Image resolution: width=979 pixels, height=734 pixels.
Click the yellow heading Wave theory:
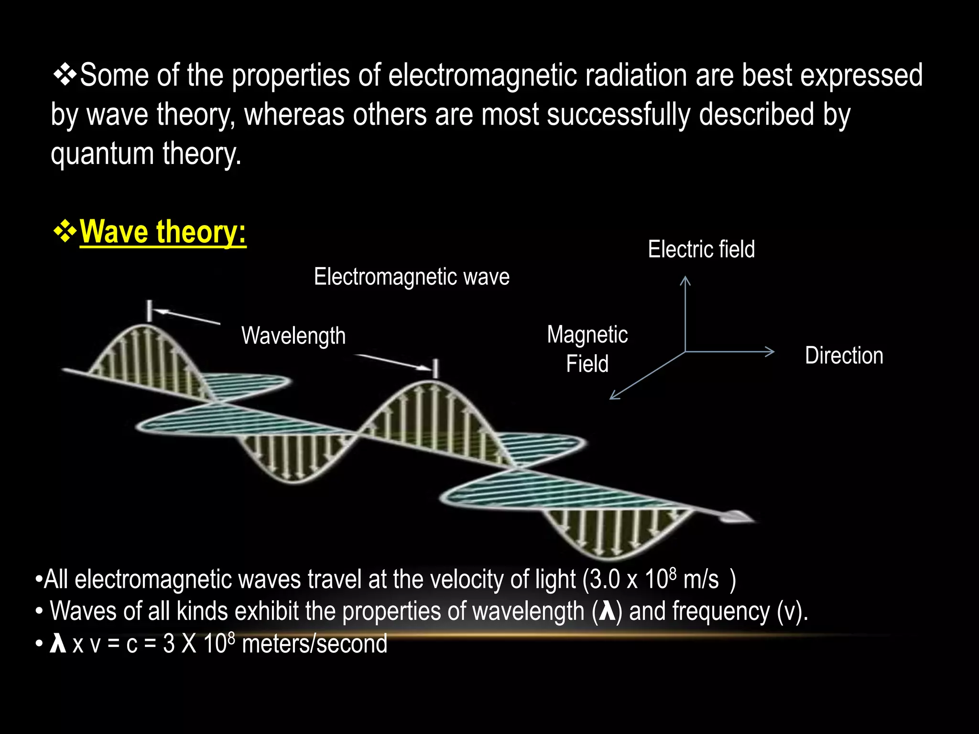163,232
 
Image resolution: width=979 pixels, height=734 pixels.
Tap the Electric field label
701,249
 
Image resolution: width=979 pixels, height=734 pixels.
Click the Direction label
844,356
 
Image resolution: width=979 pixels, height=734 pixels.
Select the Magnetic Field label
587,349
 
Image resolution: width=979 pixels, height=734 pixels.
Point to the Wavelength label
293,335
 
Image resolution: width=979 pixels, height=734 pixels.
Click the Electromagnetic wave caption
412,277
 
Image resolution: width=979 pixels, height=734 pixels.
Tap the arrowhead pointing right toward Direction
770,352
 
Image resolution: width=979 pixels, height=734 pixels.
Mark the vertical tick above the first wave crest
150,311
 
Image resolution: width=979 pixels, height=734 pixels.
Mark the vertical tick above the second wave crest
435,368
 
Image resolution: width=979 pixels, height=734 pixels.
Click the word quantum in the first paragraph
102,154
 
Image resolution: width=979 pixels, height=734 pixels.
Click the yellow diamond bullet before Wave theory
65,232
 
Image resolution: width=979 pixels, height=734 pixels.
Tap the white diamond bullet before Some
65,75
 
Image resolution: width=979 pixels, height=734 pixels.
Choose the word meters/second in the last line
315,644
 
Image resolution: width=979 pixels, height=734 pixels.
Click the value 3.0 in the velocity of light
605,580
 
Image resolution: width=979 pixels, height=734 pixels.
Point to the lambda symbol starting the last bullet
58,644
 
